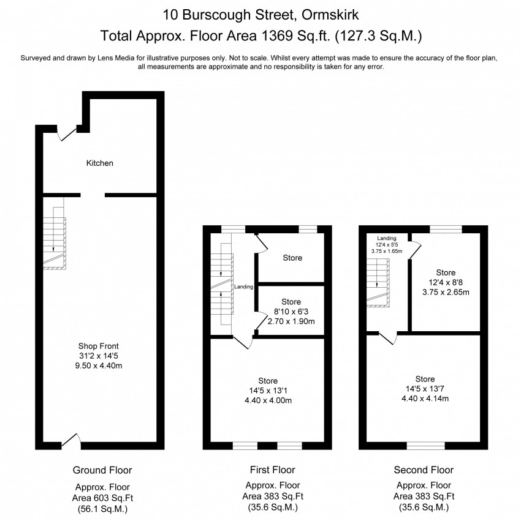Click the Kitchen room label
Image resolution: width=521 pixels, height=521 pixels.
click(x=99, y=163)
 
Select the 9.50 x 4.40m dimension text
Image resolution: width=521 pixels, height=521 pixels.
click(x=102, y=365)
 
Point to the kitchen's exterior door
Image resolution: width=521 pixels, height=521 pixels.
click(x=64, y=134)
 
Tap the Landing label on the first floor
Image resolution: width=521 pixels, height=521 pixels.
click(x=243, y=286)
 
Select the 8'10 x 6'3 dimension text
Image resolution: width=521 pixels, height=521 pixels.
click(x=291, y=311)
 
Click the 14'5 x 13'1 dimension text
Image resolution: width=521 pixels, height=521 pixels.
click(x=268, y=391)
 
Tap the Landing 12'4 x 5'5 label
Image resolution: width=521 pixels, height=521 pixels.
click(x=387, y=244)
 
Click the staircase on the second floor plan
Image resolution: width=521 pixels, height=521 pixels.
click(x=379, y=282)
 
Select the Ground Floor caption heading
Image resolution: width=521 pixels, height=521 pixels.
click(x=102, y=470)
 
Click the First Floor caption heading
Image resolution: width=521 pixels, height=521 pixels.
click(x=272, y=470)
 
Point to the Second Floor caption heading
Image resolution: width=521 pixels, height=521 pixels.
click(x=424, y=470)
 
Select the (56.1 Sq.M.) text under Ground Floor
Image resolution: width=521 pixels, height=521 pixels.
click(x=102, y=509)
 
